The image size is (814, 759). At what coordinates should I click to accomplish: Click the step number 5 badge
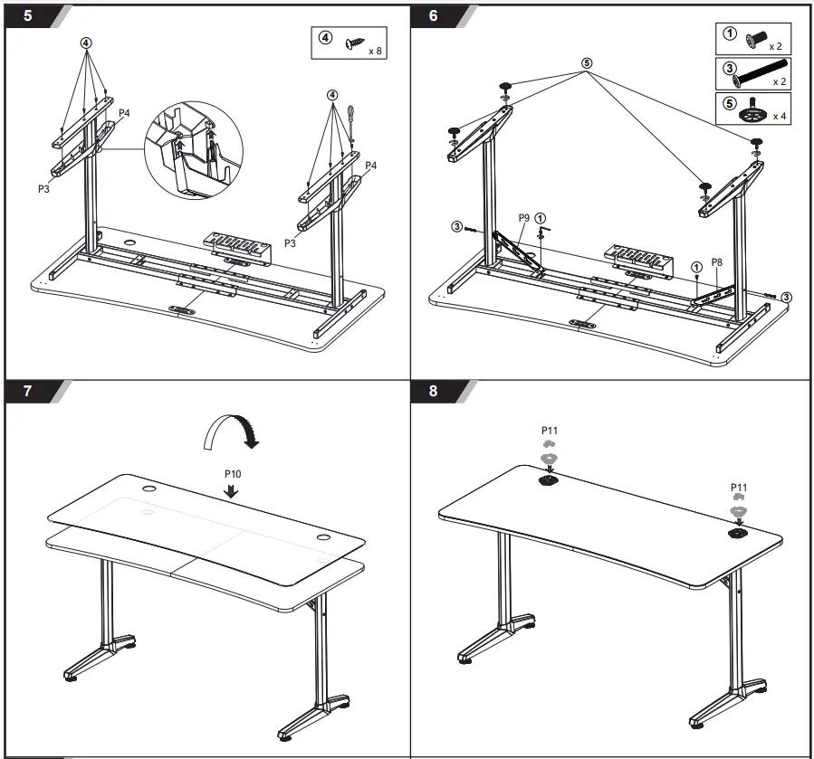(x=30, y=16)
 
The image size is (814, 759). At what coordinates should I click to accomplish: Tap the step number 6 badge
(x=433, y=16)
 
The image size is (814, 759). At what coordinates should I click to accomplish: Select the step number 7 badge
(x=28, y=391)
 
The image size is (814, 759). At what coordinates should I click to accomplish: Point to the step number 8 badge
(x=433, y=391)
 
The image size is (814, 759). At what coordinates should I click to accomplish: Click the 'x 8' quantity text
(x=376, y=52)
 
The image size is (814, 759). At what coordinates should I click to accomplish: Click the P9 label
(x=524, y=218)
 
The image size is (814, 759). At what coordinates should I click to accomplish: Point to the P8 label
(x=716, y=261)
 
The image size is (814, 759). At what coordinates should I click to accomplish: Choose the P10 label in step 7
(x=233, y=472)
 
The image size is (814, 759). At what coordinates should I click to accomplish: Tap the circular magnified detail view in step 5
(x=191, y=148)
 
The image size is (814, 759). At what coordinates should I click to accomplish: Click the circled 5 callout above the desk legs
(x=586, y=63)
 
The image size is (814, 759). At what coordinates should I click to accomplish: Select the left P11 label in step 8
(x=549, y=432)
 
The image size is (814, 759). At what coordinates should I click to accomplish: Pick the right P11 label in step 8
(x=739, y=486)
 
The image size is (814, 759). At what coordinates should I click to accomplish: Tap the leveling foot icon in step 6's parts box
(x=751, y=112)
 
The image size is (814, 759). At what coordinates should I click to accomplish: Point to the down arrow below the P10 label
(x=233, y=489)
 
